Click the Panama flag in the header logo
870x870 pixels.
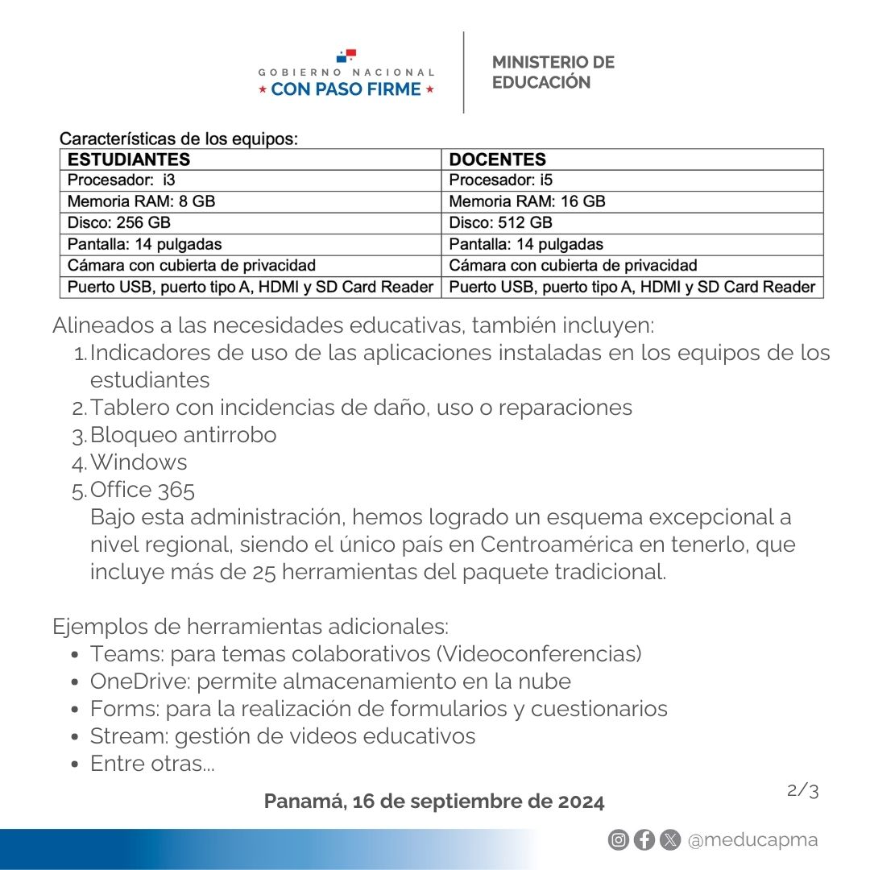point(346,56)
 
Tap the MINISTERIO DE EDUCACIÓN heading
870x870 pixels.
point(553,72)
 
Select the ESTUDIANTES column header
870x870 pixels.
point(129,159)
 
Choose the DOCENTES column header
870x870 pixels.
point(497,159)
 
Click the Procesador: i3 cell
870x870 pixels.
point(121,180)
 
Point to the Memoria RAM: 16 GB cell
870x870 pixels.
point(527,201)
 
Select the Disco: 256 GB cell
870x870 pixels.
point(118,223)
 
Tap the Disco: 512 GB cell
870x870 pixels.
point(500,223)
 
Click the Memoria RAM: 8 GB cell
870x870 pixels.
point(141,201)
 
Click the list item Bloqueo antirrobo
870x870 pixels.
point(183,435)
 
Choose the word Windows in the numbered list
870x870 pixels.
point(139,462)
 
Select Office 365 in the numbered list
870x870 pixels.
point(143,490)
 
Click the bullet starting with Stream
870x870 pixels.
point(282,736)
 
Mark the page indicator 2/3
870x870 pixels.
point(802,791)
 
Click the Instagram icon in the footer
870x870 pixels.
point(618,840)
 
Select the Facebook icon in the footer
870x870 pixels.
point(644,840)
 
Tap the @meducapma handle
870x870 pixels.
point(752,840)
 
